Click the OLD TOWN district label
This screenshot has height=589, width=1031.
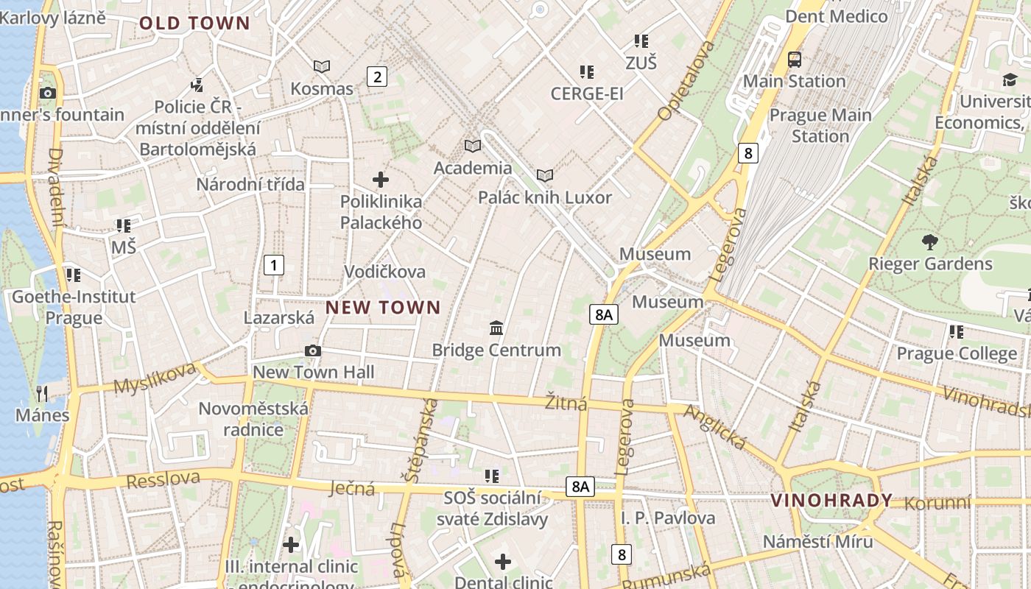tap(195, 23)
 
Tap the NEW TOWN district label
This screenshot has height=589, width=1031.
tap(383, 307)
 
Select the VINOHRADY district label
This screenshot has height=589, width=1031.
tap(831, 501)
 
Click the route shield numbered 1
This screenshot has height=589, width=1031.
tap(273, 265)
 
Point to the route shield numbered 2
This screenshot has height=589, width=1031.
tap(377, 77)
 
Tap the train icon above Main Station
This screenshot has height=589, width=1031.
tap(794, 60)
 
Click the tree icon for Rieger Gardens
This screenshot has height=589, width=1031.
tap(930, 241)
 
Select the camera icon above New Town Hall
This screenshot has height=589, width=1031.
tap(313, 350)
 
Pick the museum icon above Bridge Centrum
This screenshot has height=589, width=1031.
tap(496, 328)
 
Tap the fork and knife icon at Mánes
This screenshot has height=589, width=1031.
tap(42, 393)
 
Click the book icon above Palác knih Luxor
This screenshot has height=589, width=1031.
tap(545, 175)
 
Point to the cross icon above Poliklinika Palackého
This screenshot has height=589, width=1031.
tap(381, 179)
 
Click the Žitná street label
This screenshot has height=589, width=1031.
tap(566, 403)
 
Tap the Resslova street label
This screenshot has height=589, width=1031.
tap(163, 479)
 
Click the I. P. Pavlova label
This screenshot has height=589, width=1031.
tap(667, 518)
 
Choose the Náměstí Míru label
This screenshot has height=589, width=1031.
tap(817, 541)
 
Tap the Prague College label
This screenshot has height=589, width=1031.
tap(957, 353)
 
